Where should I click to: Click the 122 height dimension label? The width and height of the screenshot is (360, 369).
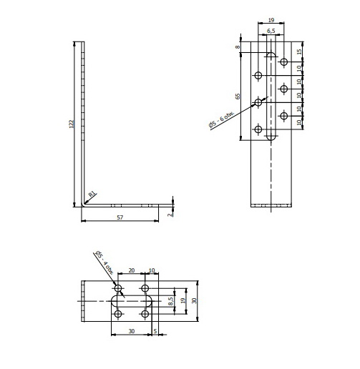71,124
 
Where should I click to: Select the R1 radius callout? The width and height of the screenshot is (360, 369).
92,194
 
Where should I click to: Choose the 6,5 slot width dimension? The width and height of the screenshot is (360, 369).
273,32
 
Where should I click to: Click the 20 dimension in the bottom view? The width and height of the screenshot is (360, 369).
131,271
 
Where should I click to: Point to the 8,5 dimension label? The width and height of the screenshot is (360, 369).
170,301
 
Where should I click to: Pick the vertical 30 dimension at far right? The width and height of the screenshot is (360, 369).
193,301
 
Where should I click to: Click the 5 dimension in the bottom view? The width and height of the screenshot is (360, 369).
155,331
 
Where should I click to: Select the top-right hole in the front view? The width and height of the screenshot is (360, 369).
284,62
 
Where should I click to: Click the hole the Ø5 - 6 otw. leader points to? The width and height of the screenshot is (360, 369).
258,102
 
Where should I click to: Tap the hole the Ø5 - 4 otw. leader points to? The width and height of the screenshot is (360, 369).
118,288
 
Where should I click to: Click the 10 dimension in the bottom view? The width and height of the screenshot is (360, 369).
152,271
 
